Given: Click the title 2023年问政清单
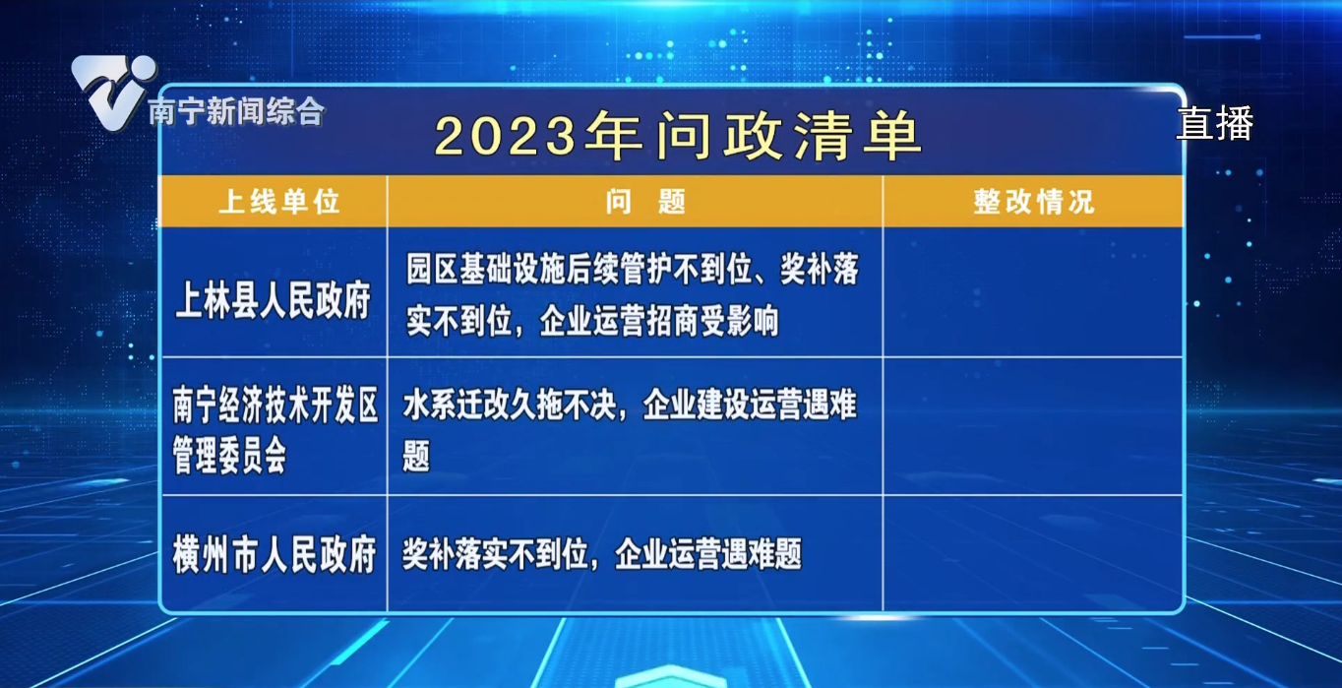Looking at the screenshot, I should (677, 136).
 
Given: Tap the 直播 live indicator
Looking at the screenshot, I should (1215, 123).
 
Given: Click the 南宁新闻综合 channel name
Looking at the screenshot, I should (235, 112).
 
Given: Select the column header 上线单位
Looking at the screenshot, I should (278, 202).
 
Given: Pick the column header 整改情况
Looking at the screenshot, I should (1033, 202).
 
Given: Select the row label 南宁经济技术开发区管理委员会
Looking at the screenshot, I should (274, 431).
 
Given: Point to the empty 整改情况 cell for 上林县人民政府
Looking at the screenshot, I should (1033, 292).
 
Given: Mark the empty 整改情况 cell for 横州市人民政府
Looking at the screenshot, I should (1033, 553).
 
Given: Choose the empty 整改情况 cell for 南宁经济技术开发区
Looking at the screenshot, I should (1033, 426).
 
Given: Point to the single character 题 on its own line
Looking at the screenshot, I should (416, 457).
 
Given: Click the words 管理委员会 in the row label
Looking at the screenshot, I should (229, 457).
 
